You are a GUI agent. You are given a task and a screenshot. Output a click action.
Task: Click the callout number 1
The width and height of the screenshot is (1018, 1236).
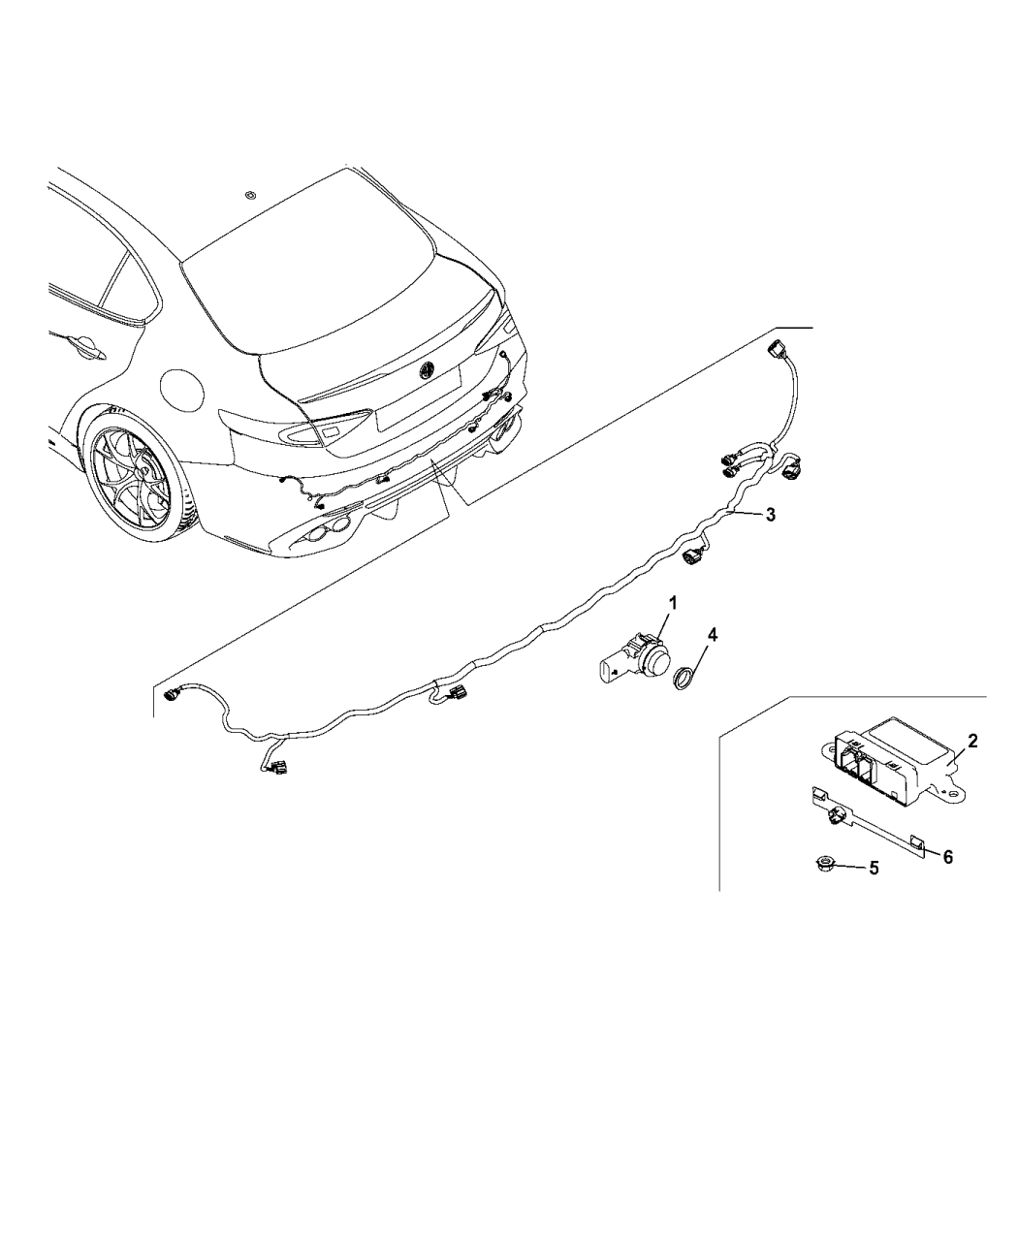coord(672,603)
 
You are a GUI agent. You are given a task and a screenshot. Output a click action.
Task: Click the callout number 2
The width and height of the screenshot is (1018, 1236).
coord(971,741)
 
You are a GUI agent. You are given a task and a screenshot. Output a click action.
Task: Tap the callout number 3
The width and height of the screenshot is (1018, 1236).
coord(770,515)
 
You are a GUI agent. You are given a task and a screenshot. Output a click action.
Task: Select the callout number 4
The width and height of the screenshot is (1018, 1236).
coord(713,635)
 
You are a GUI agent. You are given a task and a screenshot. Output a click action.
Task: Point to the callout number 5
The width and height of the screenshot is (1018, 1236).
coord(875,869)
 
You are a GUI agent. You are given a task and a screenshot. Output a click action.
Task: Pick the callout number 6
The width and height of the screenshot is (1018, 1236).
coord(948,857)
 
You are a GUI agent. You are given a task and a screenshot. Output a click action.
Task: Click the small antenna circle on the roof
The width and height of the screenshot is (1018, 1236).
coord(251,195)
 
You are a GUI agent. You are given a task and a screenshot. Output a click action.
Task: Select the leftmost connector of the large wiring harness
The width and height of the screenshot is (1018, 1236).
coord(172,694)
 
